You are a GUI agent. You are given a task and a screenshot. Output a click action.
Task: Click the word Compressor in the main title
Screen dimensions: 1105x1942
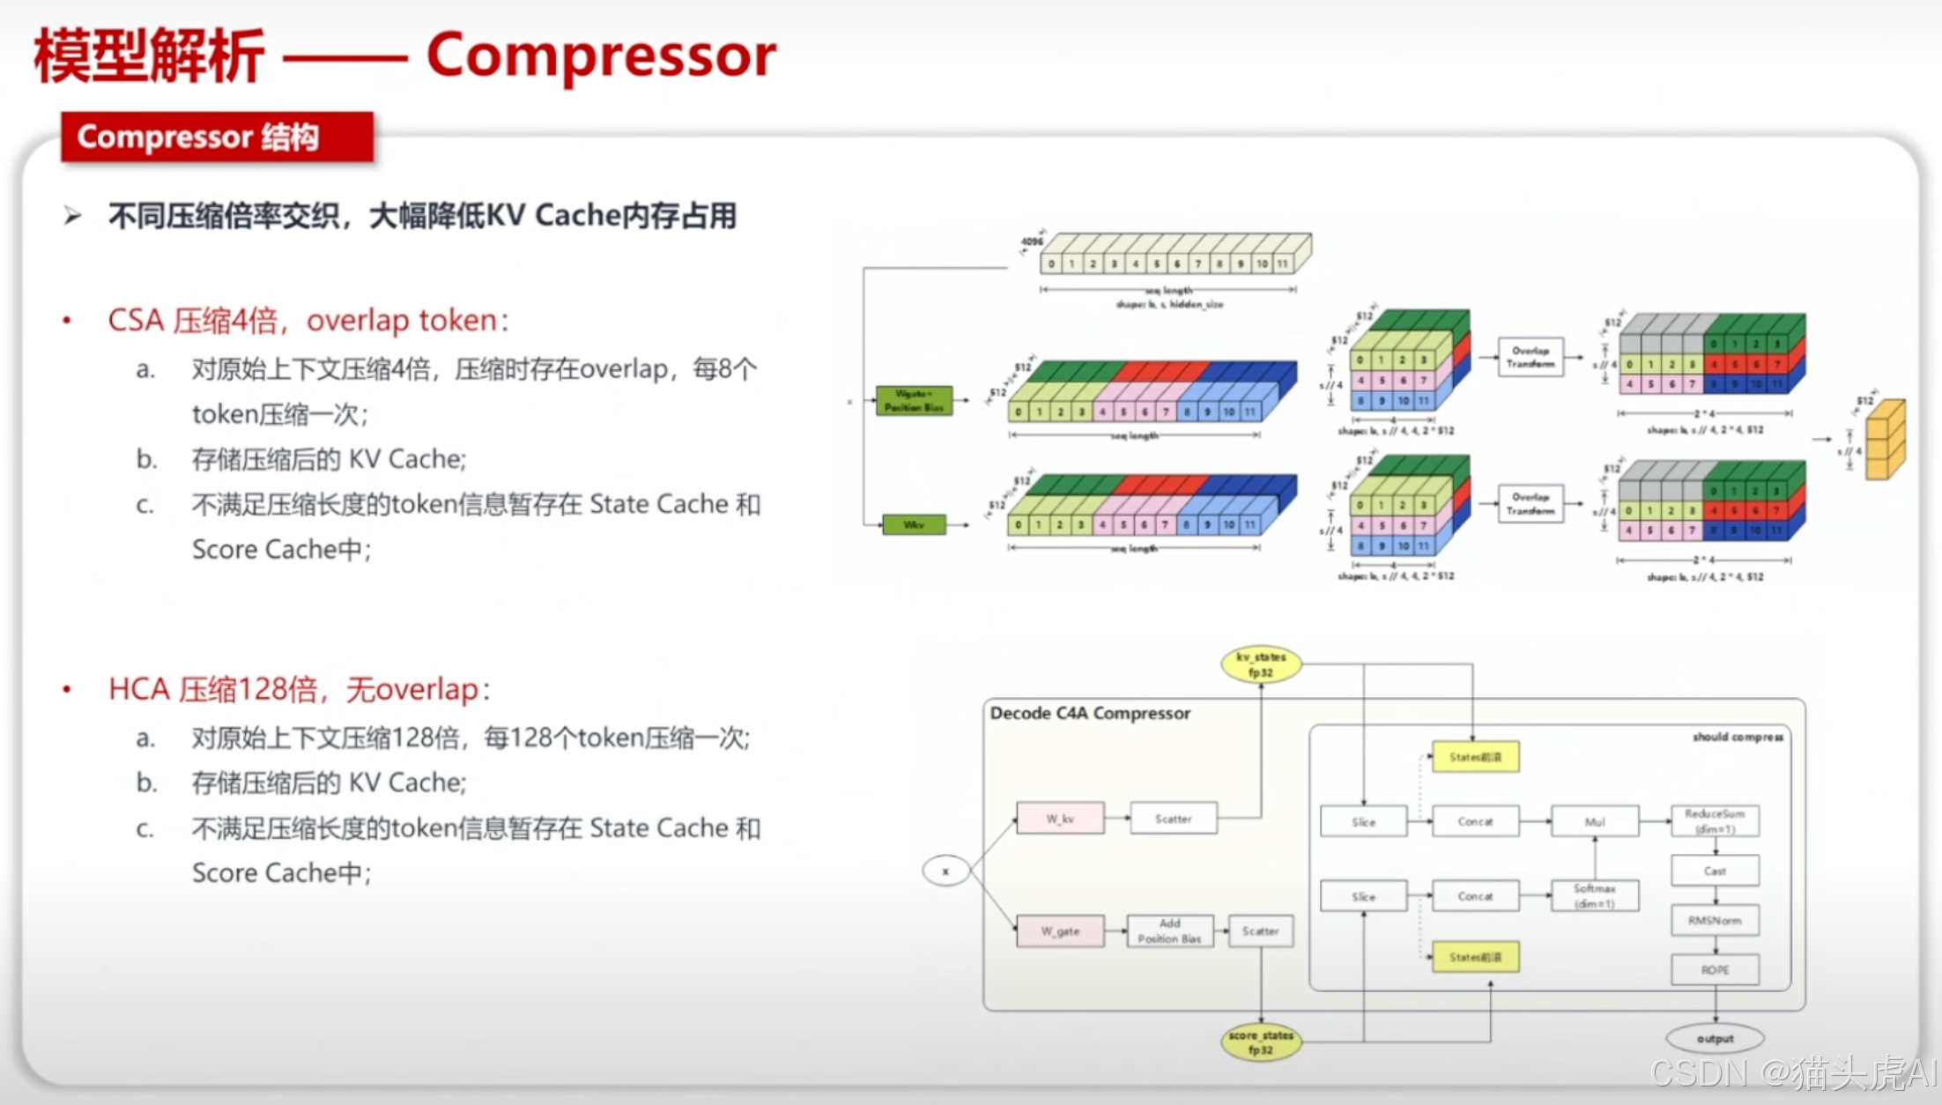click(x=601, y=55)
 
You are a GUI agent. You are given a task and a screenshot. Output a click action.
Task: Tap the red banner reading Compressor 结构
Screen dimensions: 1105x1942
click(x=217, y=137)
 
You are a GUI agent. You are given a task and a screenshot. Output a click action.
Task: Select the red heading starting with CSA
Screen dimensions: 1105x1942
click(x=308, y=320)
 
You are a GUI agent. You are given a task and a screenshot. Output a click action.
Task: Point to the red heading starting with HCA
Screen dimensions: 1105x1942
click(x=300, y=689)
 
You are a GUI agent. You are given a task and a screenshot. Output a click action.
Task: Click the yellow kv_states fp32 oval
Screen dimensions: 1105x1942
click(x=1261, y=664)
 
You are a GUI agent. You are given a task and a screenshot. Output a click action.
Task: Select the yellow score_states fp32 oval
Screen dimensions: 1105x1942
click(x=1261, y=1042)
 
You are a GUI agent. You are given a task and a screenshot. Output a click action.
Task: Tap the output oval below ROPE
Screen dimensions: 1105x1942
click(x=1715, y=1039)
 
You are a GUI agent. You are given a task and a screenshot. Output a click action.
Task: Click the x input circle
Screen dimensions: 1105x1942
click(x=945, y=871)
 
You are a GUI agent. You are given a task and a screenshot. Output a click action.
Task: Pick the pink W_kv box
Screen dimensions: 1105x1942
click(x=1060, y=819)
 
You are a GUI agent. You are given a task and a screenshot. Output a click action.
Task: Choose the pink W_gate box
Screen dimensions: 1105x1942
click(x=1060, y=931)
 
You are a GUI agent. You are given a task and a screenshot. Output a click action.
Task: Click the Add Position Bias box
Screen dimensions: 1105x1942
click(x=1169, y=931)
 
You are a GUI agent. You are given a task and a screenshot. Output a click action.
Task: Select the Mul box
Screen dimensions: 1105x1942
click(x=1595, y=821)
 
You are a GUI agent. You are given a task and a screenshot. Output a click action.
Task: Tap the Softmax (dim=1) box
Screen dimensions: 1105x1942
click(x=1595, y=895)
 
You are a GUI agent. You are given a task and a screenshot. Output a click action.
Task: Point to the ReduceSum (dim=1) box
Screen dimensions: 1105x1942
click(x=1715, y=820)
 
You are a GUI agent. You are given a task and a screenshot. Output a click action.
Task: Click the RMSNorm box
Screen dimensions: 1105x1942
click(x=1715, y=920)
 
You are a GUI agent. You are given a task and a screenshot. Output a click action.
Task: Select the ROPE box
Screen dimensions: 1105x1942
click(x=1715, y=969)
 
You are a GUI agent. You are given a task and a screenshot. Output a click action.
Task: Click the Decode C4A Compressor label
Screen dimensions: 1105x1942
click(x=1090, y=713)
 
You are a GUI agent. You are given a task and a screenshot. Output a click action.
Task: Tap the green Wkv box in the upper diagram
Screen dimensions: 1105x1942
click(x=914, y=524)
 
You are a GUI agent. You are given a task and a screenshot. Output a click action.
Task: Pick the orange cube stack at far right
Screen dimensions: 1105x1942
click(x=1886, y=439)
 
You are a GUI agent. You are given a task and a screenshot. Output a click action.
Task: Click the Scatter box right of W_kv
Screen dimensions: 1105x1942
click(x=1173, y=819)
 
